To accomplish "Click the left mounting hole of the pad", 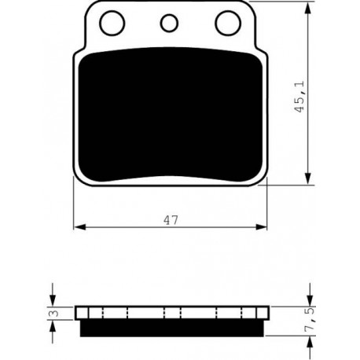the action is click(112, 23).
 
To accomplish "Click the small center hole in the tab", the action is click(169, 23).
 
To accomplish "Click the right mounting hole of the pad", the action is click(228, 23).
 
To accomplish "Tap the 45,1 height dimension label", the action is click(299, 97).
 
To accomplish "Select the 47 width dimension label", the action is click(171, 220).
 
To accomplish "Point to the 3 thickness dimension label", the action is click(55, 313).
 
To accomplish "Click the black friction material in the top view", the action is click(171, 115).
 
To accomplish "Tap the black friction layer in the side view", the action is click(172, 328).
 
